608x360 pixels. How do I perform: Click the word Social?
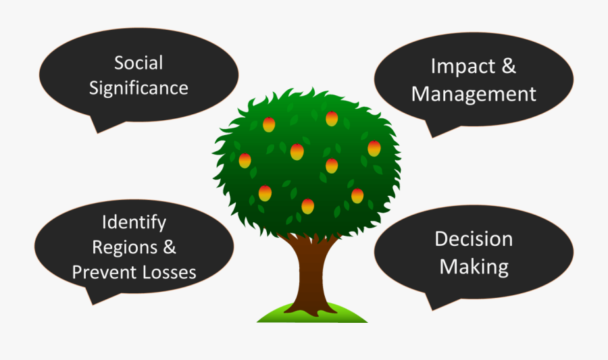138,63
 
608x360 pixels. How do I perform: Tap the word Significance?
138,88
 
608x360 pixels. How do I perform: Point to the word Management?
474,93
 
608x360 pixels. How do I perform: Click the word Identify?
134,222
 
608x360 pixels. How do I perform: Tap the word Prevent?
103,272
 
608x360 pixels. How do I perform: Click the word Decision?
474,239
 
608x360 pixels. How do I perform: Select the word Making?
474,266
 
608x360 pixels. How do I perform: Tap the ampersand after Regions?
169,247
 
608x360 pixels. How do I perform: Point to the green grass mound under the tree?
312,313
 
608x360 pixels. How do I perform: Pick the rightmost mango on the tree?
374,149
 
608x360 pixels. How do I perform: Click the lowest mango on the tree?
307,206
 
